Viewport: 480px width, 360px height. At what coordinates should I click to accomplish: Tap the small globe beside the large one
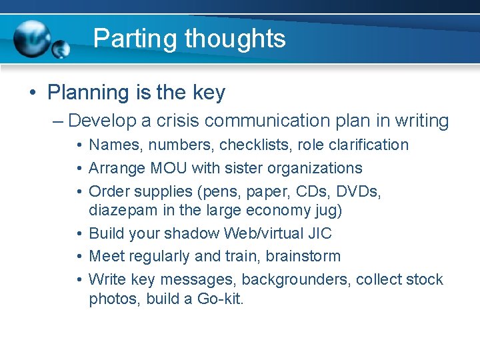[61, 49]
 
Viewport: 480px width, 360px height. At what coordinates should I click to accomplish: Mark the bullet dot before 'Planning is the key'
[32, 93]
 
